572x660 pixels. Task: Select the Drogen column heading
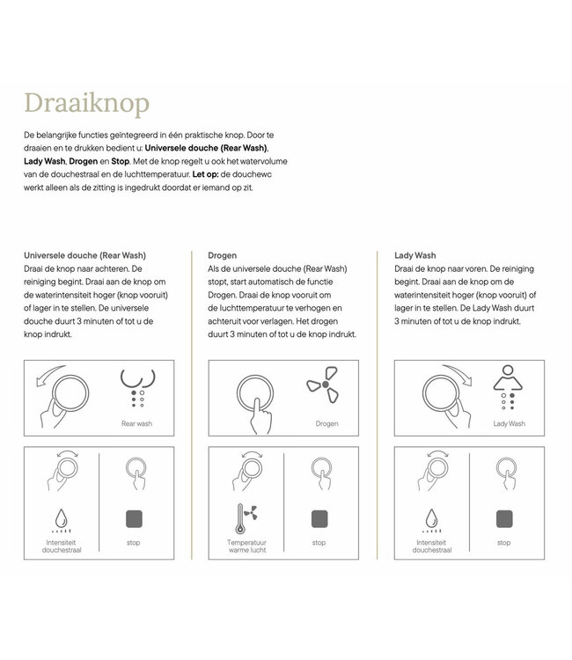coord(222,255)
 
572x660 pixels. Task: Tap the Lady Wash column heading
coord(415,255)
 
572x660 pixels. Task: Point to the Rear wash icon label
coord(136,423)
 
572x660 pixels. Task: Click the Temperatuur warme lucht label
coord(247,547)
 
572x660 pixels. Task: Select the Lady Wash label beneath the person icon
coord(509,423)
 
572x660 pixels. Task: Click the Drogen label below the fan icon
coord(326,423)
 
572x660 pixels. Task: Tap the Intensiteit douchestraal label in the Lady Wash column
coord(433,547)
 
